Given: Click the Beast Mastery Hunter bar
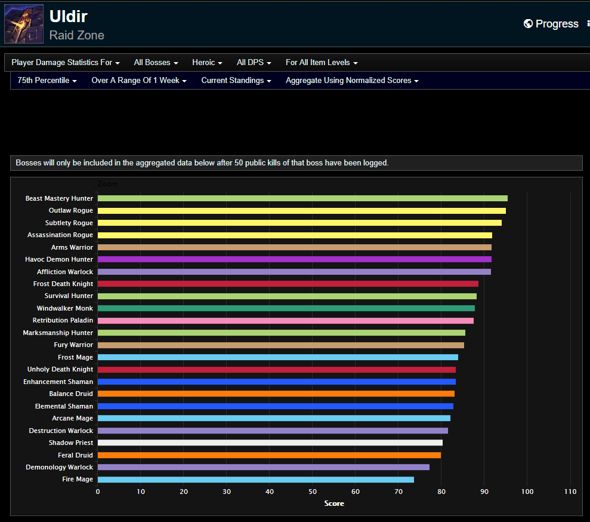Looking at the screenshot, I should tap(302, 198).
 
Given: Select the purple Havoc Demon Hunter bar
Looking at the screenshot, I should tap(294, 259).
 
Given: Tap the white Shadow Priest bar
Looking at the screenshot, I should tap(270, 443).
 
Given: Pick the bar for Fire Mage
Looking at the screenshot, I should tap(255, 480).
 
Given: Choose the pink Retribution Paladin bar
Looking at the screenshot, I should tap(285, 321).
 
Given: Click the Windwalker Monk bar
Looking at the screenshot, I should tap(286, 308).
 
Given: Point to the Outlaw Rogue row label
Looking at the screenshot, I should tap(70, 211).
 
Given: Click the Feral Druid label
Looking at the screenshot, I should tap(75, 455).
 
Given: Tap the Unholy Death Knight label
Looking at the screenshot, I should tap(60, 370).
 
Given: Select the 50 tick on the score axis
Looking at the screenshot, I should tap(313, 492).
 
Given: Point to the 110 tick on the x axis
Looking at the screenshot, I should tap(570, 492).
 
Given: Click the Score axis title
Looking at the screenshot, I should tap(334, 503).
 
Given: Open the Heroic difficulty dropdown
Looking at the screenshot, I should tap(207, 63).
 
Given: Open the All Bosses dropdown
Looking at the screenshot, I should tap(156, 63).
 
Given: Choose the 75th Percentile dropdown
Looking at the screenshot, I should tap(47, 81).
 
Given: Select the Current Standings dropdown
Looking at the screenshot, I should tap(236, 81).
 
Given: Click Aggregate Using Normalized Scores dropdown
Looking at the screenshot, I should tap(352, 81).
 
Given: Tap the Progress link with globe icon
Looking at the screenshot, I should tap(551, 24).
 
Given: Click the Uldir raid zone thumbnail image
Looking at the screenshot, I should tap(24, 24).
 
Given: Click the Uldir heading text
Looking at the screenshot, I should tap(68, 16).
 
